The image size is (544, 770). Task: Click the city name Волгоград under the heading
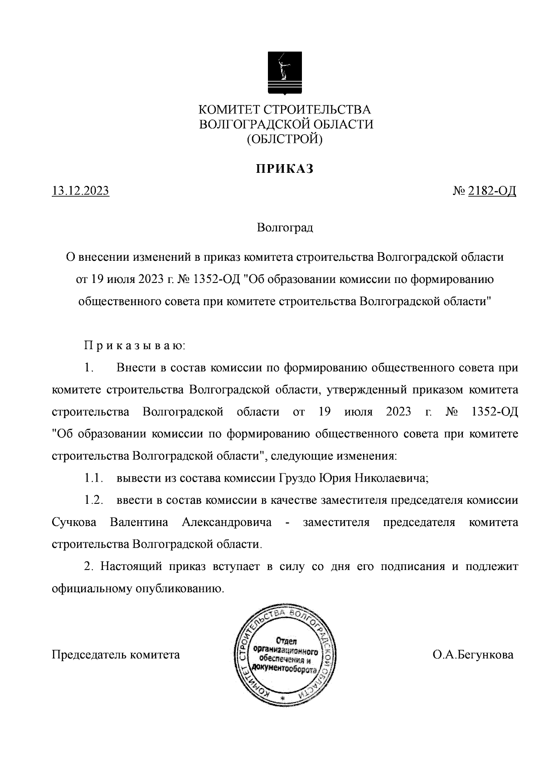click(285, 227)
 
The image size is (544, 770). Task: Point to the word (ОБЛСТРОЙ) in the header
click(285, 140)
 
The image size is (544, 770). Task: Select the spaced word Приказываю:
click(134, 346)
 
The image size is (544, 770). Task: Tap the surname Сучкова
click(74, 522)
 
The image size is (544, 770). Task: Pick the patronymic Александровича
click(227, 522)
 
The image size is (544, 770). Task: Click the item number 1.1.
click(93, 478)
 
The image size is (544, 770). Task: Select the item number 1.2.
click(93, 500)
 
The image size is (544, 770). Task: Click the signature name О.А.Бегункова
click(473, 655)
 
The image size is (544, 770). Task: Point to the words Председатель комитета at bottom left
click(116, 655)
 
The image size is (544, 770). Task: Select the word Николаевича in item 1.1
click(391, 478)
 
